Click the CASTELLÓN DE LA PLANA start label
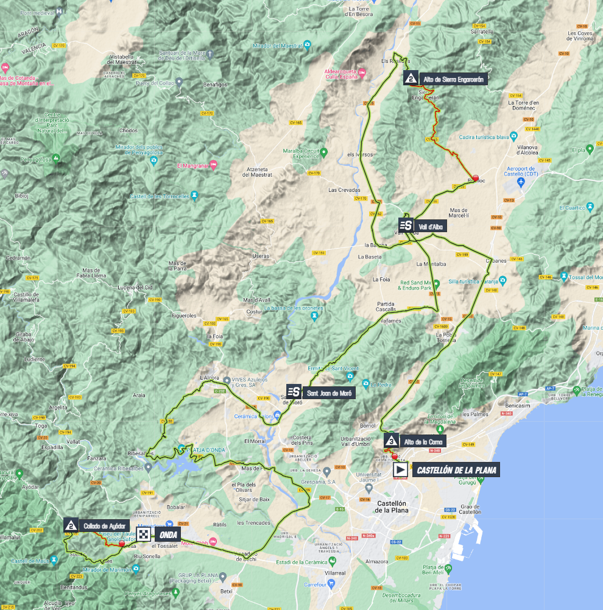point(456,470)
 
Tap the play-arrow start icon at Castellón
point(400,470)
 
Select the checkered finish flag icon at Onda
point(144,534)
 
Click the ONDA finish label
point(169,534)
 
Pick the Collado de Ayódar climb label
point(104,525)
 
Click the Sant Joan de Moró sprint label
point(329,393)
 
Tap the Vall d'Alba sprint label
point(432,227)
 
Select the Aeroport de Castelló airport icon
point(520,182)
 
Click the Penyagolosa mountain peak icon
point(56,158)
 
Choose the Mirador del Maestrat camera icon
point(308,44)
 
